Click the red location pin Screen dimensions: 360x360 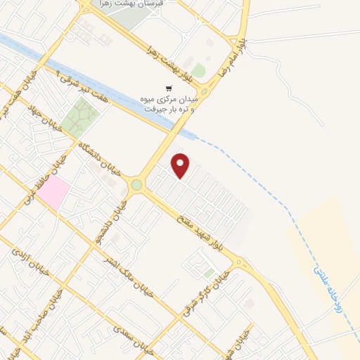181,165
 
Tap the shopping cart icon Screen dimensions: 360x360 169,89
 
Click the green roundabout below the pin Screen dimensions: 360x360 136,185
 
